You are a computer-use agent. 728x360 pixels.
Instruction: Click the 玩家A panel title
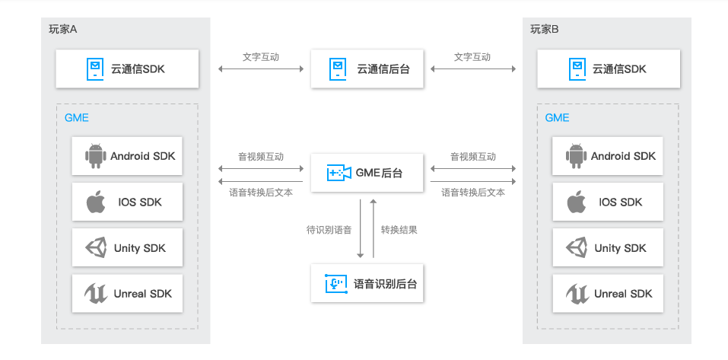(x=62, y=29)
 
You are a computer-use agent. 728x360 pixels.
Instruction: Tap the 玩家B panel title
(x=545, y=29)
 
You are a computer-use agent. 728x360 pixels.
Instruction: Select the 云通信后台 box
(x=367, y=68)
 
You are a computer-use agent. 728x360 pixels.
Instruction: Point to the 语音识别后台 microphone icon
(x=336, y=283)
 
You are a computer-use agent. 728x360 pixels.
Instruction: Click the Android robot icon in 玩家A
(x=95, y=156)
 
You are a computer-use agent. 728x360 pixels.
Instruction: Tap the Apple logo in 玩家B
(x=576, y=202)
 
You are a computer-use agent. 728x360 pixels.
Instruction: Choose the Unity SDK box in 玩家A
(x=127, y=247)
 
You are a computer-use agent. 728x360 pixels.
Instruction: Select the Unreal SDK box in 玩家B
(x=608, y=294)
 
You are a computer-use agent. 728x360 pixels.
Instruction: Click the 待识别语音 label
(x=329, y=230)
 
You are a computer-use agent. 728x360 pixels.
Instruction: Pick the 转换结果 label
(x=399, y=230)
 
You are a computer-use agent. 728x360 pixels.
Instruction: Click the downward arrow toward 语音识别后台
(x=360, y=228)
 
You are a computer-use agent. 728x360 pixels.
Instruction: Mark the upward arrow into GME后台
(x=373, y=228)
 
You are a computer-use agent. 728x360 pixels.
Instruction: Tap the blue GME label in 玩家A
(x=77, y=118)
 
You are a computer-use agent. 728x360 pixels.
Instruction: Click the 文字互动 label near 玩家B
(x=472, y=57)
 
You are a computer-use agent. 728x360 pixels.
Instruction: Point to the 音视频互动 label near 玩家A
(x=261, y=157)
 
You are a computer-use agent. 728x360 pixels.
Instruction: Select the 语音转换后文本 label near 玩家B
(x=473, y=193)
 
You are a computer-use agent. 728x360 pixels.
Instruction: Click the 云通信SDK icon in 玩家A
(x=95, y=68)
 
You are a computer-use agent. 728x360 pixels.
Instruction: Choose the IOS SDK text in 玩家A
(x=140, y=202)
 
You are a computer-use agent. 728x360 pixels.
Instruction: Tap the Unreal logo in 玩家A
(x=96, y=294)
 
